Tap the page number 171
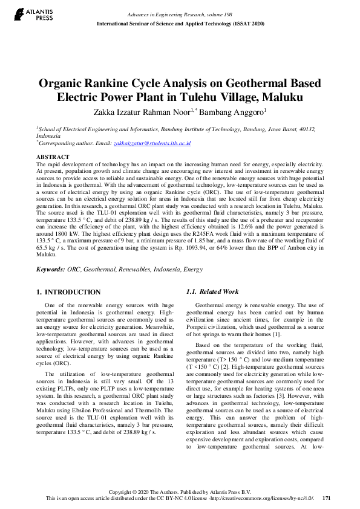click(327, 498)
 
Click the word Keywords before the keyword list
click(51, 268)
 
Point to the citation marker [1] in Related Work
click(277, 334)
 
